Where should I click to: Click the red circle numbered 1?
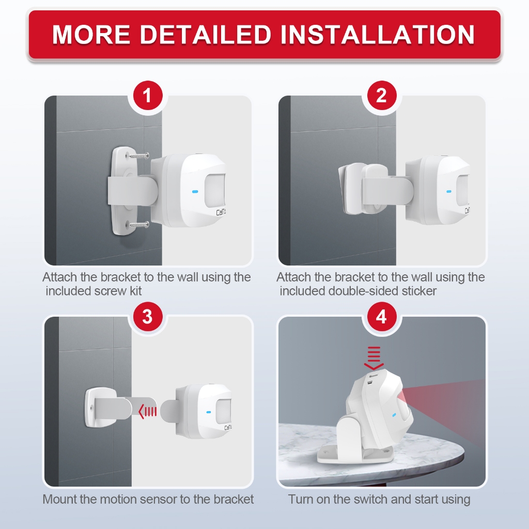pos(148,96)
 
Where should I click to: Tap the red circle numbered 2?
pos(382,96)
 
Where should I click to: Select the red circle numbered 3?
pos(148,317)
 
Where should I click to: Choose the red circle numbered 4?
pos(382,317)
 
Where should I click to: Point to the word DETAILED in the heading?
pos(206,35)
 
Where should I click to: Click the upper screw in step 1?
pos(138,155)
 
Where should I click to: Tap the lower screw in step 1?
pos(138,224)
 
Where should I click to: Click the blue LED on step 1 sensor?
pos(195,192)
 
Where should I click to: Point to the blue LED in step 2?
pos(449,192)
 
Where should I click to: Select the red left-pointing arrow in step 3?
pos(148,412)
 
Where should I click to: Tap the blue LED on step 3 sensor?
pos(208,412)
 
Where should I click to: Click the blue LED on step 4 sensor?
pos(394,415)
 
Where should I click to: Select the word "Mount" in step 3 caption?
pos(60,500)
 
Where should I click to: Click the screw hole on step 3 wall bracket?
pos(91,407)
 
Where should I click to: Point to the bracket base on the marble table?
pos(355,454)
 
